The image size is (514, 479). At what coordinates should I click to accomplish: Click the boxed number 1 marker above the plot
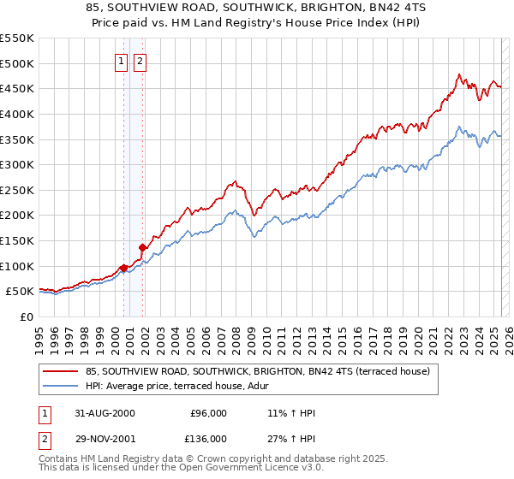[121, 61]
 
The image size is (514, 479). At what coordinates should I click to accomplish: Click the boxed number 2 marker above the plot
[140, 61]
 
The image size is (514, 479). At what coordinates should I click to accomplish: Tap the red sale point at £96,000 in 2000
[123, 268]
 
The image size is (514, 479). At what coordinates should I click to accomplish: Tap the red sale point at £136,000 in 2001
[142, 247]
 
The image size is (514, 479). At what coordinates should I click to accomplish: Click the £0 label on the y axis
[26, 316]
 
